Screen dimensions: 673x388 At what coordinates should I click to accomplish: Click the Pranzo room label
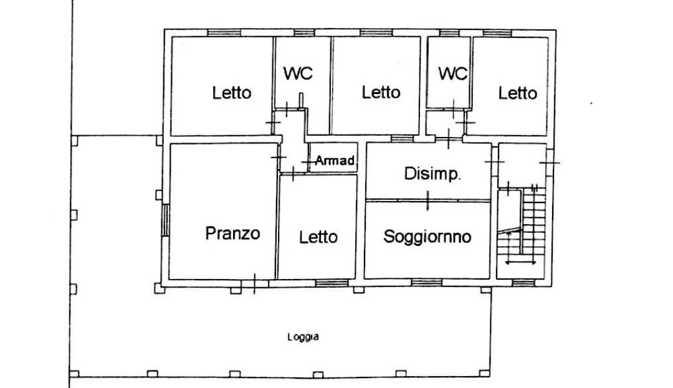pos(232,233)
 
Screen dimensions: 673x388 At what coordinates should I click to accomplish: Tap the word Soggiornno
pos(427,237)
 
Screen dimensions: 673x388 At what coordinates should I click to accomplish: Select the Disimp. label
pos(432,174)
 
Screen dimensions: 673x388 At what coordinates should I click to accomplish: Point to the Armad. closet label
pos(335,160)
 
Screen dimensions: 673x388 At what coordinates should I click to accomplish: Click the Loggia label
pos(303,337)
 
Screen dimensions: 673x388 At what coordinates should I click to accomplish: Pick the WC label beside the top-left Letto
pos(298,73)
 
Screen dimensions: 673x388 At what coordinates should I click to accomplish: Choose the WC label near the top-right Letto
pos(452,73)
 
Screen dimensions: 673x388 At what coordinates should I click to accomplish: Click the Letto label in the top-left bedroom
pos(232,93)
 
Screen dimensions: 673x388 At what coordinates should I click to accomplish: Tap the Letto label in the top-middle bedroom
pos(381,92)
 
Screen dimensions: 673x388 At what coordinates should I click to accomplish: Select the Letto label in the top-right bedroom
pos(518,93)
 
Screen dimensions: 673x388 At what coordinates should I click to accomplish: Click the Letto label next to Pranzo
pos(318,237)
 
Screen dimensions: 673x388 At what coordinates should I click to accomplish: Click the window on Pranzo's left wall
pos(165,220)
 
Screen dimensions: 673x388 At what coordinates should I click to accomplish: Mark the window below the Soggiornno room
pos(427,282)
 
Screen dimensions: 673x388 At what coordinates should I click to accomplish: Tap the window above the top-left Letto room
pos(224,33)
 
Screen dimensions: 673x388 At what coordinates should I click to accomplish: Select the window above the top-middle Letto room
pos(376,32)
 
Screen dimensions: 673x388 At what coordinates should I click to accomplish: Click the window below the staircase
pos(523,283)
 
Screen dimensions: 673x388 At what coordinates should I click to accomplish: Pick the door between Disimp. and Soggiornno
pos(427,201)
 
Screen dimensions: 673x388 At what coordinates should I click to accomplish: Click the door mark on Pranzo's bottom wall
pos(254,283)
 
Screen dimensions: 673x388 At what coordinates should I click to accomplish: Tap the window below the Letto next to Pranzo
pos(332,283)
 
